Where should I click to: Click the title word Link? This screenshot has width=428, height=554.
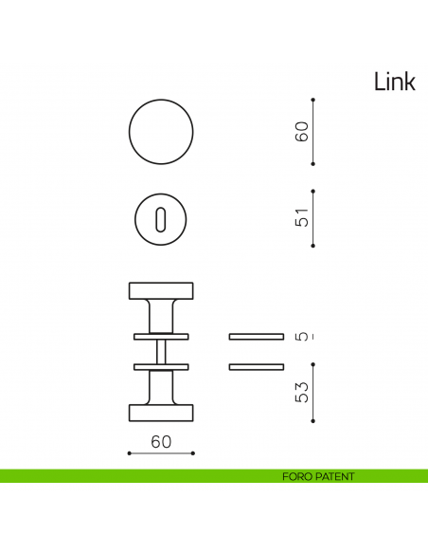point(394,83)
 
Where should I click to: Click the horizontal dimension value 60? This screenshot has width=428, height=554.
point(161,441)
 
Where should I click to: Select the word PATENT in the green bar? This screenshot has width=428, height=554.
point(334,476)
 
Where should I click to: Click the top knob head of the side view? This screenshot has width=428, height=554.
point(161,290)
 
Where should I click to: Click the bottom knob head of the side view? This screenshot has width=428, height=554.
point(161,412)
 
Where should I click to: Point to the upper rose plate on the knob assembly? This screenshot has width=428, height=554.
point(161,336)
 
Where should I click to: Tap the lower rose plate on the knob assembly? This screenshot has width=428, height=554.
point(161,366)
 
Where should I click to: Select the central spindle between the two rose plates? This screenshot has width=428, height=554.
point(161,351)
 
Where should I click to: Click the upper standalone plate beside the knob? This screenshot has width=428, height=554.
point(256,336)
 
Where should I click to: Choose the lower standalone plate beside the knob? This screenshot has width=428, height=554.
point(256,366)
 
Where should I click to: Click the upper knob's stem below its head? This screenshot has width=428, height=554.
point(161,316)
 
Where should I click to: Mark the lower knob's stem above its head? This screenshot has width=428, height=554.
point(161,387)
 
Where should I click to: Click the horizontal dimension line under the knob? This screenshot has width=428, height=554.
point(161,453)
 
